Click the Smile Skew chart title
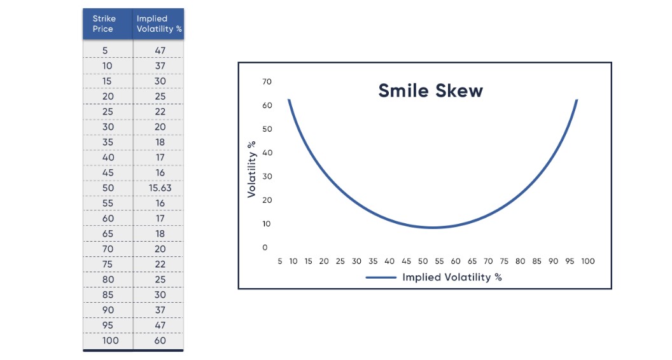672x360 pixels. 430,90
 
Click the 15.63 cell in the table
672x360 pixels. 160,188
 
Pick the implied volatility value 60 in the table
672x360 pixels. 160,340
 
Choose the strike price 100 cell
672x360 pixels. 108,340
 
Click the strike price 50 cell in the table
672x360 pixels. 108,188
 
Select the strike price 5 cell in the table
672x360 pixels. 108,50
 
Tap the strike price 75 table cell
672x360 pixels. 108,265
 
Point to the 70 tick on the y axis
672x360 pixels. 267,81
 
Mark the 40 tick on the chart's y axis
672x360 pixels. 267,153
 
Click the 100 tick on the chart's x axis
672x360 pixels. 587,261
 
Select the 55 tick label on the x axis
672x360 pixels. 439,261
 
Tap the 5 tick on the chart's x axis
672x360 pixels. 280,261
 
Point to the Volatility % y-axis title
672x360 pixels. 252,169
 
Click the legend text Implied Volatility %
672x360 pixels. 452,277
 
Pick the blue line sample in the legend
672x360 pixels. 381,277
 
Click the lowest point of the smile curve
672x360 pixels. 433,227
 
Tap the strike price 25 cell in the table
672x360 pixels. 108,111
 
